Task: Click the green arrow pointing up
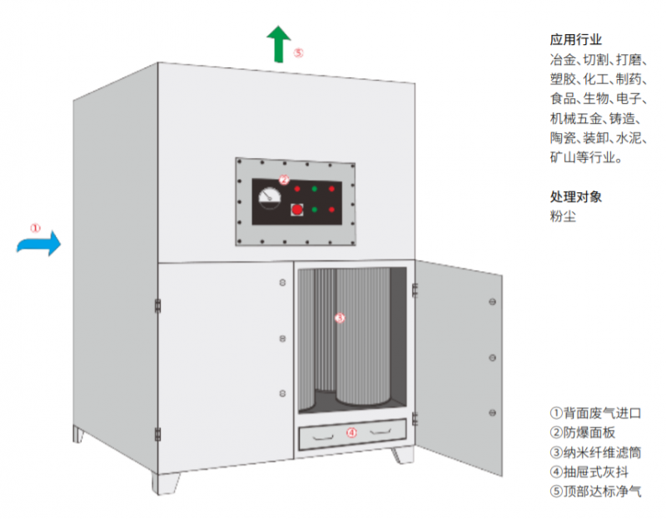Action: tap(278, 43)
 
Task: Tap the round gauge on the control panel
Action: tap(270, 197)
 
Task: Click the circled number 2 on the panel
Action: tap(284, 179)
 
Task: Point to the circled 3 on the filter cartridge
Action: tap(339, 318)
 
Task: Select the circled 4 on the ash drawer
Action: tap(351, 432)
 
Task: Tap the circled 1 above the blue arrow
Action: tap(35, 226)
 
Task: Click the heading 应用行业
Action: tap(575, 39)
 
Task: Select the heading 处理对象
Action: tap(575, 197)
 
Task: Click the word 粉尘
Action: tap(563, 216)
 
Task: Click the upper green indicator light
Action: tap(314, 190)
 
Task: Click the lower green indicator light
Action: tap(314, 210)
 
